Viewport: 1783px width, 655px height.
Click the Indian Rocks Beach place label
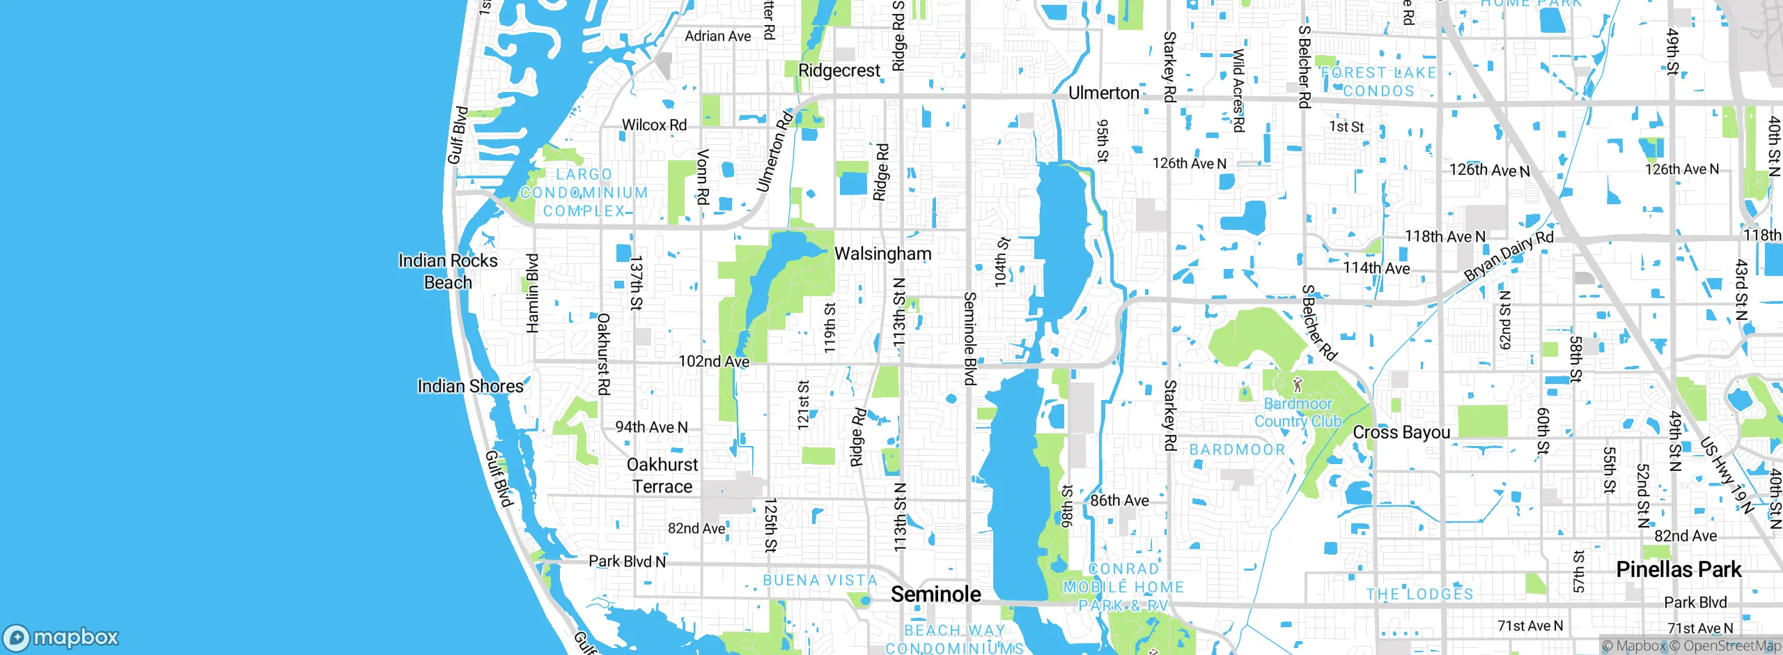tap(448, 272)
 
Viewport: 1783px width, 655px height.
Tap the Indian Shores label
tap(470, 387)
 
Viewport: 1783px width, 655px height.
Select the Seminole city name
tap(935, 594)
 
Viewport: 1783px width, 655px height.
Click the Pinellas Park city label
tap(1678, 570)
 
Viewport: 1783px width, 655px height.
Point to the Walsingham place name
tap(882, 254)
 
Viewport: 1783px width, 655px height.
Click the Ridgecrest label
tap(839, 71)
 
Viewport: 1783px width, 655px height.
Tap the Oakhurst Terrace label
tap(662, 476)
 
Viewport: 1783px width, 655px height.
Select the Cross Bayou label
tap(1401, 433)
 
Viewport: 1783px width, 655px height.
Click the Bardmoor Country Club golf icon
tap(1297, 384)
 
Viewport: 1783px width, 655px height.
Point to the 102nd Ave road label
tap(714, 362)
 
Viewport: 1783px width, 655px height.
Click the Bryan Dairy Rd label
tap(1509, 256)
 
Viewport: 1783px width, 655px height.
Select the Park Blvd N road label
tap(627, 562)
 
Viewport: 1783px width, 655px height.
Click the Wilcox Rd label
tap(654, 125)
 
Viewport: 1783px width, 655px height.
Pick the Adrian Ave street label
tap(717, 36)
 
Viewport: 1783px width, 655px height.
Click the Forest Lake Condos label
tap(1378, 82)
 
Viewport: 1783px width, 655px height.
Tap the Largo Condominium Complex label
tap(584, 193)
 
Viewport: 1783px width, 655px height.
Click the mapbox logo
tap(61, 637)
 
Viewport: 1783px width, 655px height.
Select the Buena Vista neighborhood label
tap(820, 580)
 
